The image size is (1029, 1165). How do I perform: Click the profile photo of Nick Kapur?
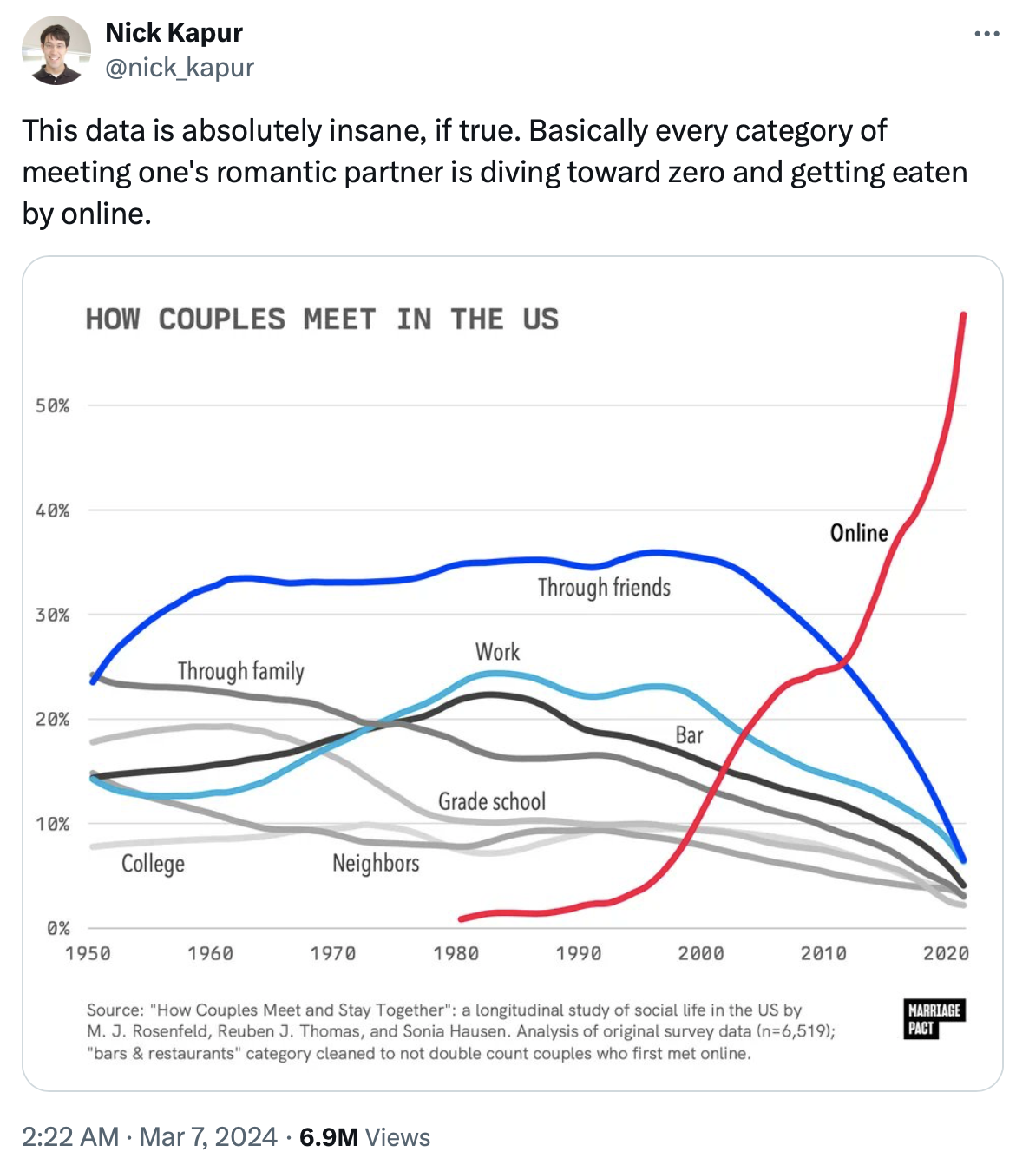click(56, 50)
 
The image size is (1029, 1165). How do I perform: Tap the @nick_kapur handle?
click(180, 67)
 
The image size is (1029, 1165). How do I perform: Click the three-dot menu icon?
click(986, 34)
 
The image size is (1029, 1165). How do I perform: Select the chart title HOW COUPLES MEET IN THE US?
click(322, 319)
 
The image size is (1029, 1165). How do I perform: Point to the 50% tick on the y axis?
click(53, 405)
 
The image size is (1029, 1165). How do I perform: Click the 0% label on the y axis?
click(58, 928)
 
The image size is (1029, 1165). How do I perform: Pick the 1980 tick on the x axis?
click(456, 953)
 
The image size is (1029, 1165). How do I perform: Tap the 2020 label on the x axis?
click(946, 953)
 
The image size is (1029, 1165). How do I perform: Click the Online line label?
click(859, 532)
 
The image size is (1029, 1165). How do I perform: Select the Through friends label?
click(604, 588)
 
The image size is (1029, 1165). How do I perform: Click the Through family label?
click(241, 671)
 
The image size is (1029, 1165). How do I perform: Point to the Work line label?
click(497, 652)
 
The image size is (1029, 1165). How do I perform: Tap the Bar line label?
click(689, 735)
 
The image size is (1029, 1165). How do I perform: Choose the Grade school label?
click(492, 801)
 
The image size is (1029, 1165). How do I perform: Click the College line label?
click(153, 864)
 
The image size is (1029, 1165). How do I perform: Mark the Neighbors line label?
click(376, 863)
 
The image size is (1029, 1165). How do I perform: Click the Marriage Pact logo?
click(934, 1019)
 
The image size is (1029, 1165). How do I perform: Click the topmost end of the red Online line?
click(964, 315)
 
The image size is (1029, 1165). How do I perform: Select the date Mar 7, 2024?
click(208, 1137)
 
